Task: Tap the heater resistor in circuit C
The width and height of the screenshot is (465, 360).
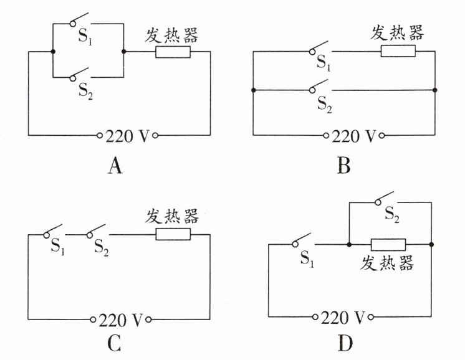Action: [x=173, y=234]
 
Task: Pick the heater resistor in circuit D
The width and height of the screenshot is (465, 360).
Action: [x=388, y=244]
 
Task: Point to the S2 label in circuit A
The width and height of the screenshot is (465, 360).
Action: [x=85, y=90]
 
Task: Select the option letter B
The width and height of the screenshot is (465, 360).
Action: [x=344, y=166]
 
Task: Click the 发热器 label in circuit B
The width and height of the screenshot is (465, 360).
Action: [x=397, y=33]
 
